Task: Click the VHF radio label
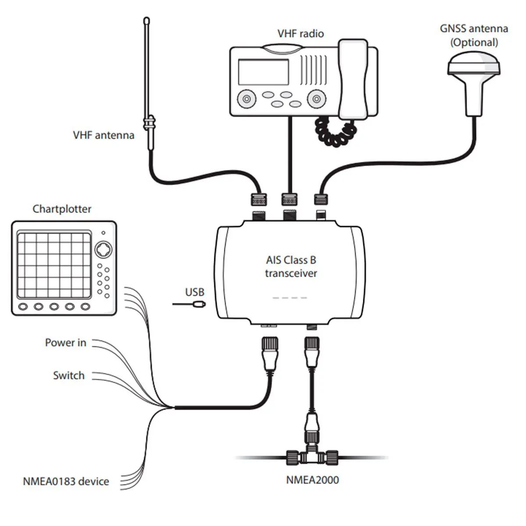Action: tap(300, 34)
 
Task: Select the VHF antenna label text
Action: tap(103, 135)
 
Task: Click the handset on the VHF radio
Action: tap(353, 79)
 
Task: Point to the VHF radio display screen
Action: tap(263, 72)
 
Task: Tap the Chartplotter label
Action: tap(62, 209)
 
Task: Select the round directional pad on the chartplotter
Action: tap(104, 250)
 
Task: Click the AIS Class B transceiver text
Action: tap(291, 267)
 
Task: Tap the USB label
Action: tap(195, 292)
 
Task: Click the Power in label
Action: tap(66, 342)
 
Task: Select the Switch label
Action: tap(68, 375)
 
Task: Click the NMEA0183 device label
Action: tap(66, 481)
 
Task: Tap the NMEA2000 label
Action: tap(313, 480)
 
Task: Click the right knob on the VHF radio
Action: tap(314, 99)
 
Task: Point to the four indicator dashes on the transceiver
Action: tap(290, 298)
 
